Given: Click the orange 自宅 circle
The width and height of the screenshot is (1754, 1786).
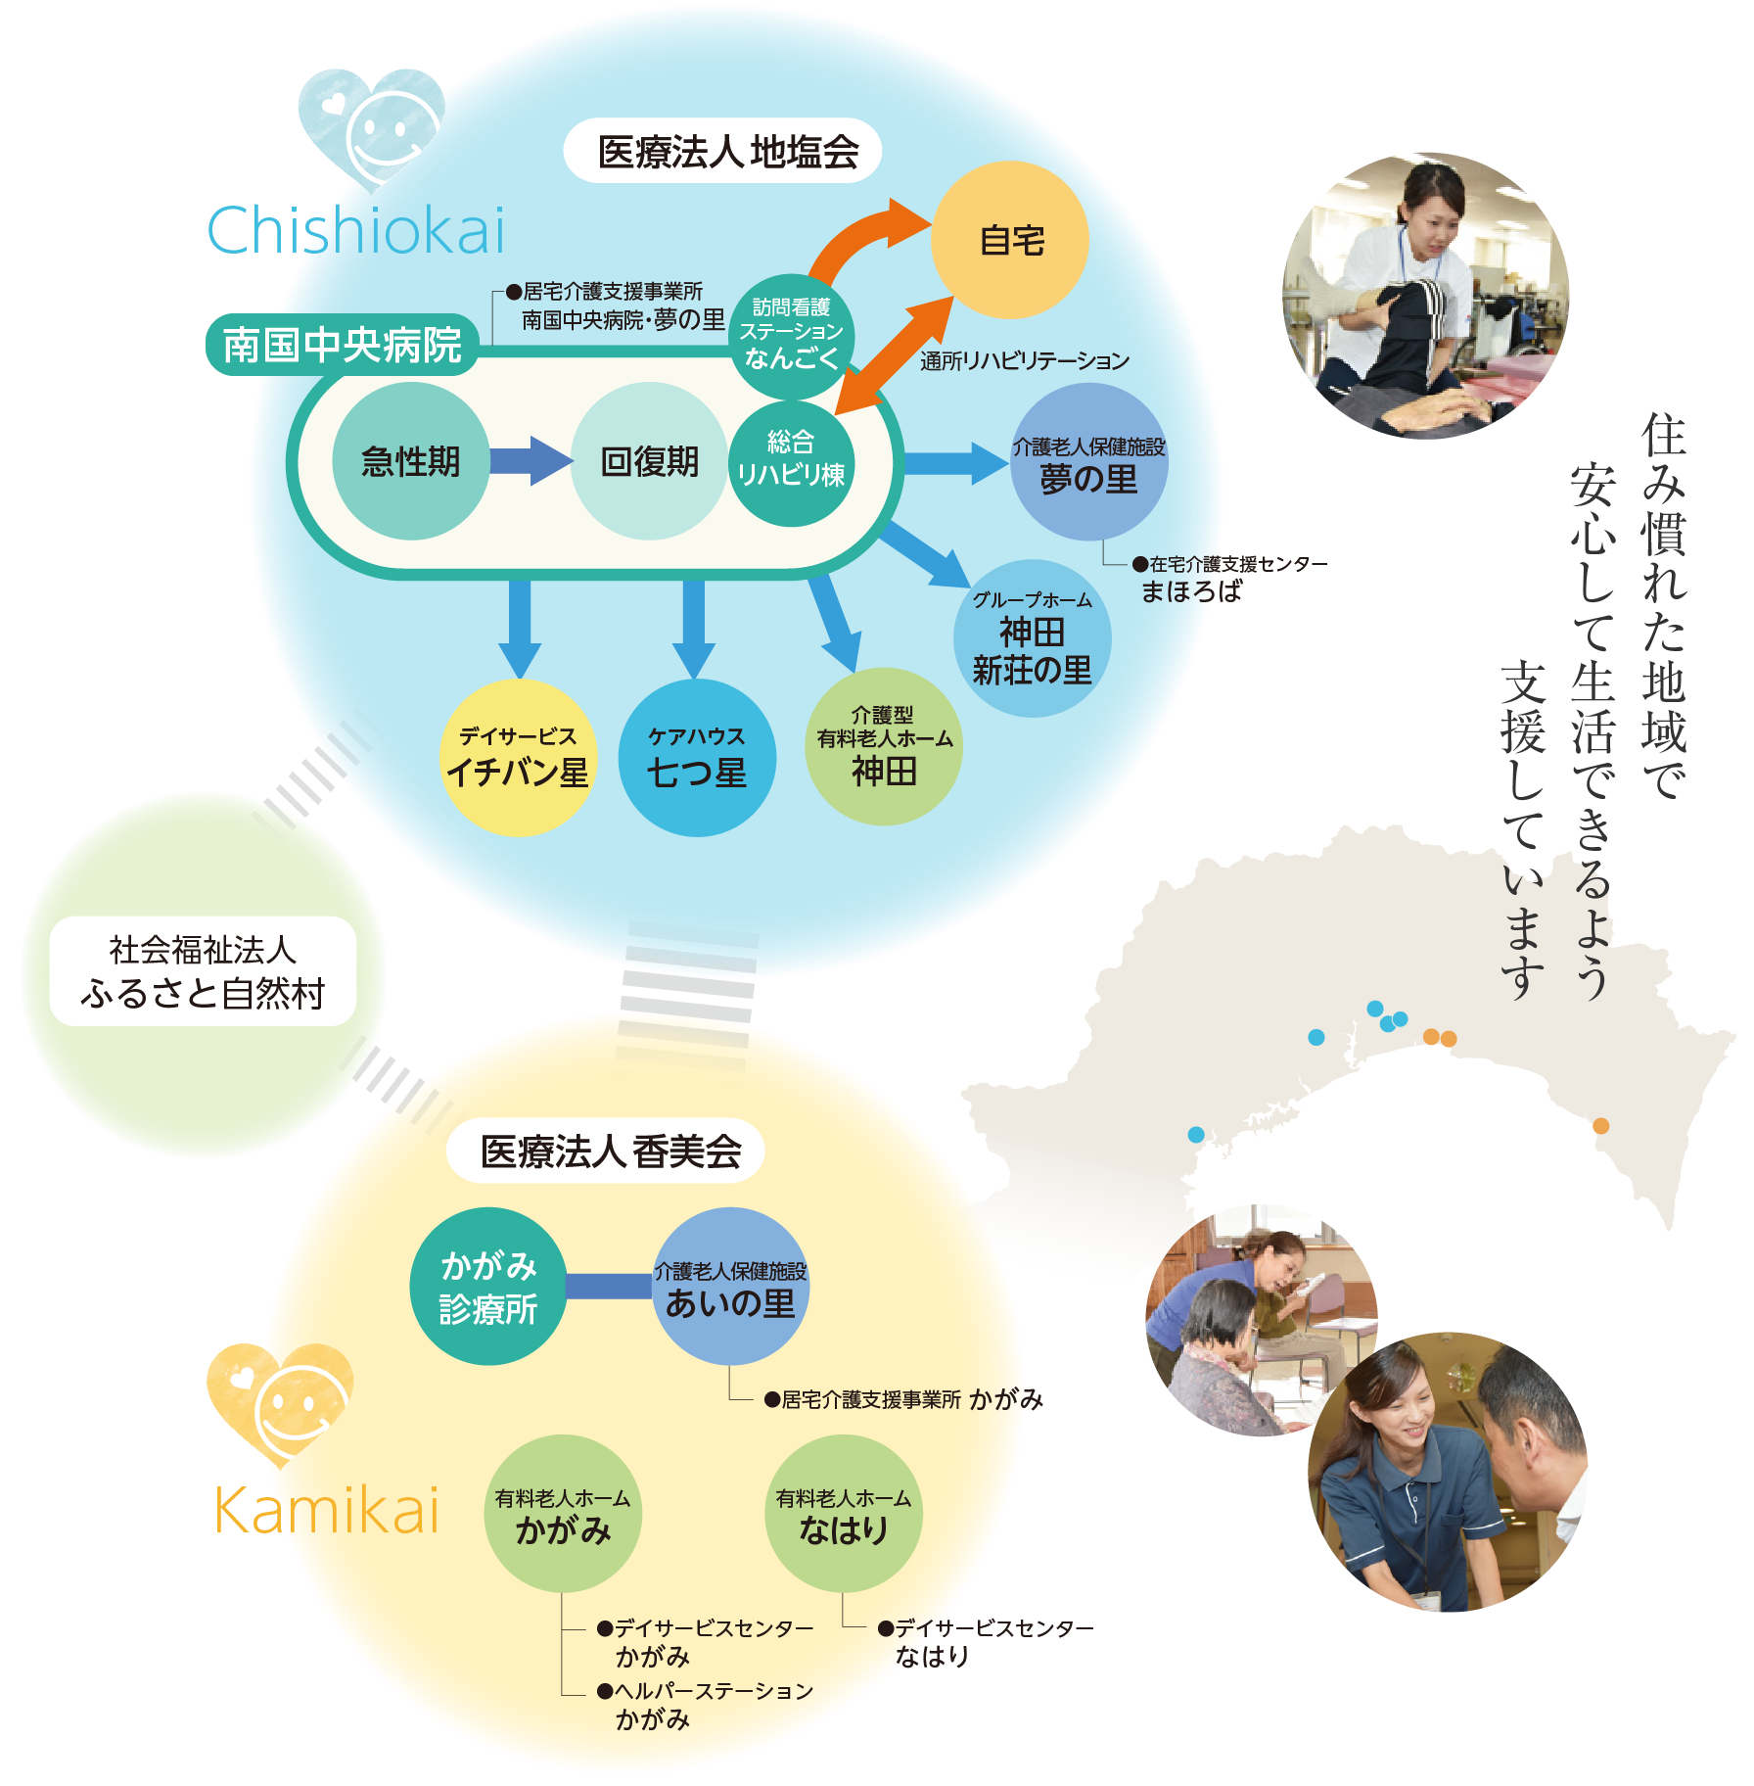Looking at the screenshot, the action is click(x=1009, y=240).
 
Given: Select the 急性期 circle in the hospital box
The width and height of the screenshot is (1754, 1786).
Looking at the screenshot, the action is click(x=411, y=461).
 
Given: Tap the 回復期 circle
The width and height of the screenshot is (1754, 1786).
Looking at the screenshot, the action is click(x=650, y=461).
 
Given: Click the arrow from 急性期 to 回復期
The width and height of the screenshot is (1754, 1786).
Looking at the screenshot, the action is click(x=531, y=460).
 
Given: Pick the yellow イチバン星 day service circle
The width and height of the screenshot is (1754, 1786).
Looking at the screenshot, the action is click(x=518, y=758).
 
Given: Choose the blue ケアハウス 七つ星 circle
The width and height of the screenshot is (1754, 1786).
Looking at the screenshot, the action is click(x=697, y=758).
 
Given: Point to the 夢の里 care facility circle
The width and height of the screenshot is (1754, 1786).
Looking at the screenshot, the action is click(x=1088, y=461).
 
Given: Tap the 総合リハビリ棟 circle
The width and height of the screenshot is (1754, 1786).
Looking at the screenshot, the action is click(x=792, y=463).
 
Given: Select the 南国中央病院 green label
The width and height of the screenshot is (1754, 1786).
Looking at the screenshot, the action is click(x=342, y=345).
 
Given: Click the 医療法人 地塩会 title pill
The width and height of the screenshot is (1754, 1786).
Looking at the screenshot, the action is click(x=722, y=151).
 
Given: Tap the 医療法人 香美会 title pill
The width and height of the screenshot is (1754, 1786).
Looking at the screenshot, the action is click(x=606, y=1151).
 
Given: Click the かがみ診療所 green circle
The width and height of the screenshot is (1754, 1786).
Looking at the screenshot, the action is click(x=488, y=1287).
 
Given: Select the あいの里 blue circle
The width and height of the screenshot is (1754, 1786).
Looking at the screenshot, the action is click(x=730, y=1287).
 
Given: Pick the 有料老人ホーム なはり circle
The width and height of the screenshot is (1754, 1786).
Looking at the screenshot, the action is click(x=844, y=1514).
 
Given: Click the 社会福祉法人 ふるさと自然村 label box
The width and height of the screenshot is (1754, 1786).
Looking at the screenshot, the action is click(x=203, y=971).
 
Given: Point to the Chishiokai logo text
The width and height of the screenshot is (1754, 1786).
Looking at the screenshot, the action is click(x=356, y=231).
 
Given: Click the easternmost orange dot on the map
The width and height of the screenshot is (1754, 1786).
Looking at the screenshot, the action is click(x=1600, y=1126).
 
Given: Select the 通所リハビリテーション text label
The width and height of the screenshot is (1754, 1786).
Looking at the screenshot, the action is click(x=1025, y=361).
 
